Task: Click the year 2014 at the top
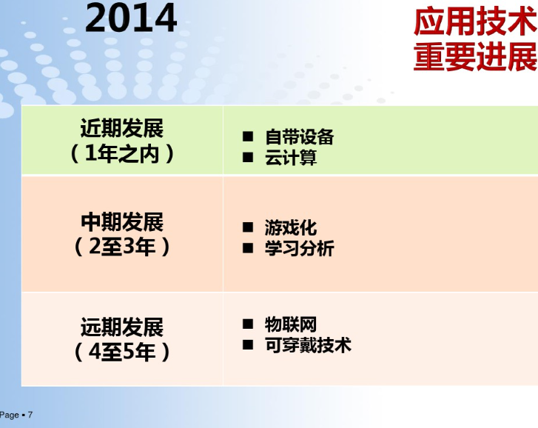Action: [131, 18]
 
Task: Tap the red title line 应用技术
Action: [476, 22]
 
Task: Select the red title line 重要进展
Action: [476, 56]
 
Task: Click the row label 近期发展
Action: [122, 128]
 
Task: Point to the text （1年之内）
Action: [122, 153]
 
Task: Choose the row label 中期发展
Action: [122, 222]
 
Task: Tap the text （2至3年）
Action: [122, 247]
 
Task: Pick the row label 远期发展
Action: [122, 327]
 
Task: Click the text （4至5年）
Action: [122, 352]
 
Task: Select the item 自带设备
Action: [299, 137]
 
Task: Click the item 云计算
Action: [291, 158]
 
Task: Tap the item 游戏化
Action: [291, 228]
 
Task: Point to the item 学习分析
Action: [299, 249]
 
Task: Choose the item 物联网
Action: [291, 324]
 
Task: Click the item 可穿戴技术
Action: [308, 345]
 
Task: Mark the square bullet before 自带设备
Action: [248, 136]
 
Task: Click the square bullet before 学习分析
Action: [248, 248]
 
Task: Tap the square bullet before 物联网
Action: [248, 324]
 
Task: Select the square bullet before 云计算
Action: [248, 157]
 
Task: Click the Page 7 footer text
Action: [16, 415]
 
